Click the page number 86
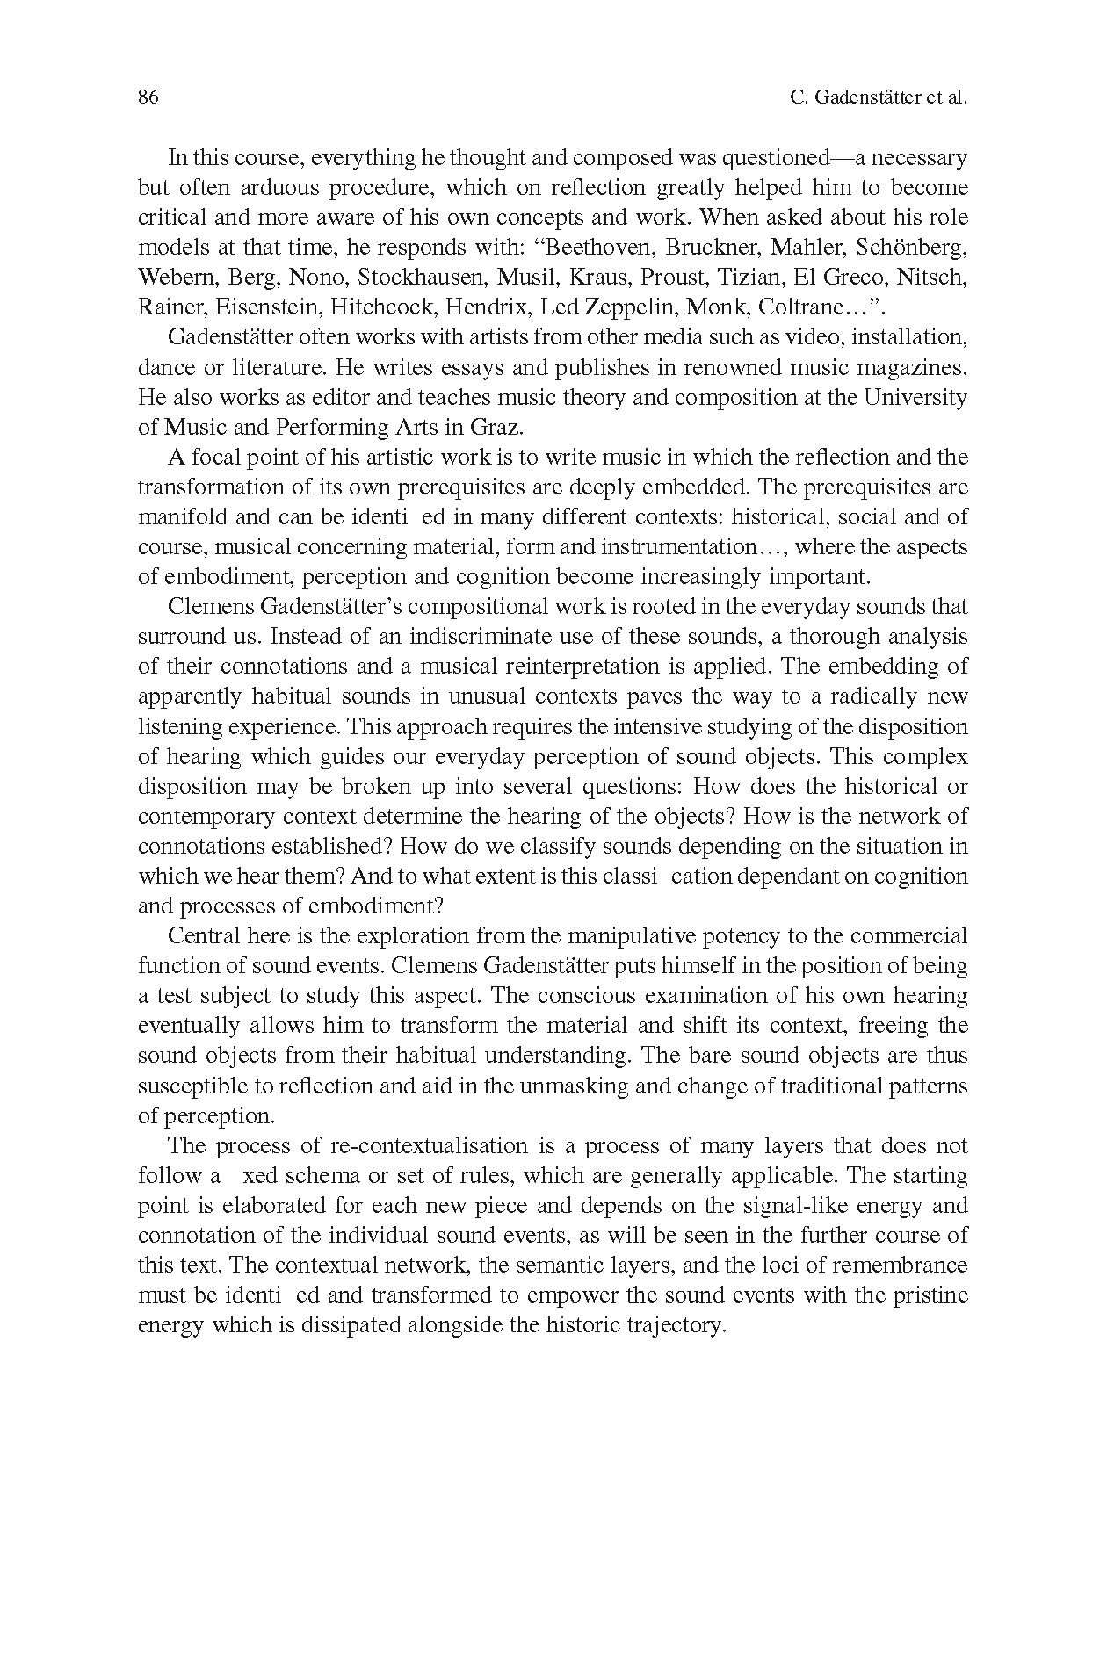tap(148, 97)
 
